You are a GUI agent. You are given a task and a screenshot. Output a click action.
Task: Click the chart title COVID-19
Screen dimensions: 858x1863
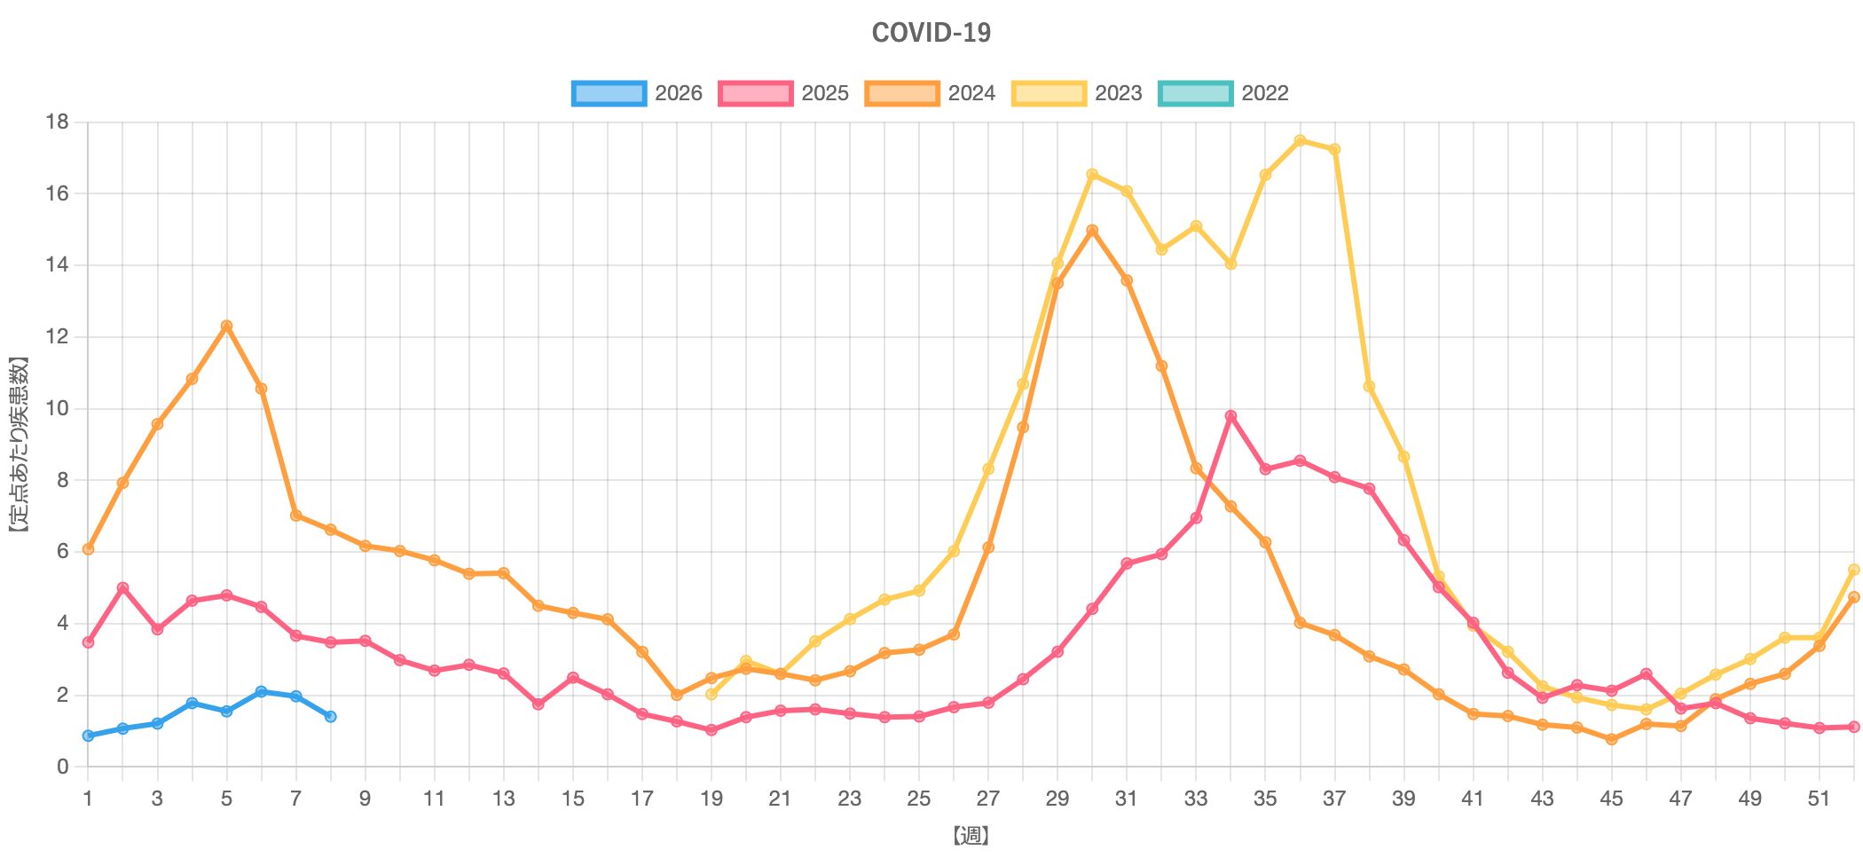click(931, 33)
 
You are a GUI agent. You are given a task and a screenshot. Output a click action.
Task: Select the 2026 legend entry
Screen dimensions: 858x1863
click(637, 93)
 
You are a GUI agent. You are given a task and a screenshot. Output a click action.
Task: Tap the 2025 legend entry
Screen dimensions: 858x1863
click(783, 93)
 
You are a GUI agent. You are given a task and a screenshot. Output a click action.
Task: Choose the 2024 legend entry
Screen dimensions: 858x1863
click(930, 93)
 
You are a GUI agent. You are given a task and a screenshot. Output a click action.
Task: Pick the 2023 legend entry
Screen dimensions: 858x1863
click(1076, 93)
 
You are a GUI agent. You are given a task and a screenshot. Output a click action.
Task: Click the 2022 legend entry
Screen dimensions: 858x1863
click(1222, 93)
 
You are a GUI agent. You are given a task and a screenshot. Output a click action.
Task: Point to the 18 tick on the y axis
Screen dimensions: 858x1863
click(58, 122)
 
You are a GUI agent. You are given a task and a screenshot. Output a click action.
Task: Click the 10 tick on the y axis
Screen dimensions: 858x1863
click(58, 409)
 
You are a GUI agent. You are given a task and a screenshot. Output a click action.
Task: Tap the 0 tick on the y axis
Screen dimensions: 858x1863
click(62, 767)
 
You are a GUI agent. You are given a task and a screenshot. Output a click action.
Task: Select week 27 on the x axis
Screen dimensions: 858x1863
click(987, 799)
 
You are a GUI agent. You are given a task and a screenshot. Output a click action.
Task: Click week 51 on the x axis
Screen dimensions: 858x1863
click(1819, 799)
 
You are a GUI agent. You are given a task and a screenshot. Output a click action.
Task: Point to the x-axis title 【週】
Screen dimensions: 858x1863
click(971, 836)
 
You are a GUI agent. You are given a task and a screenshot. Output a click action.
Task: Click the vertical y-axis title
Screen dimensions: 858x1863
click(19, 444)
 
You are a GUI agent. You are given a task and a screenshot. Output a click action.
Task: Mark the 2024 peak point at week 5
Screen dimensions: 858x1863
click(226, 326)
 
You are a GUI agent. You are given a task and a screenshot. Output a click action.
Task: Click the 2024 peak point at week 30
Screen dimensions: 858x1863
click(1092, 230)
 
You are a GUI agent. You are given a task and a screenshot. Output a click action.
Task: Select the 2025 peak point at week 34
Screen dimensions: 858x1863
click(1230, 415)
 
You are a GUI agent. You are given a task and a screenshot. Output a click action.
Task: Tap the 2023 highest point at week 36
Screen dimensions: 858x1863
click(1300, 140)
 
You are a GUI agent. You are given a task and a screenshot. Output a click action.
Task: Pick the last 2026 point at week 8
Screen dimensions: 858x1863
click(330, 716)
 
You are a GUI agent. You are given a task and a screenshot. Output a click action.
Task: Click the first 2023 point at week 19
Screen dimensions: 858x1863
click(711, 694)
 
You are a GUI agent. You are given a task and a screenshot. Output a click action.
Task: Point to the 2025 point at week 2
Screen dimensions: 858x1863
click(122, 587)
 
